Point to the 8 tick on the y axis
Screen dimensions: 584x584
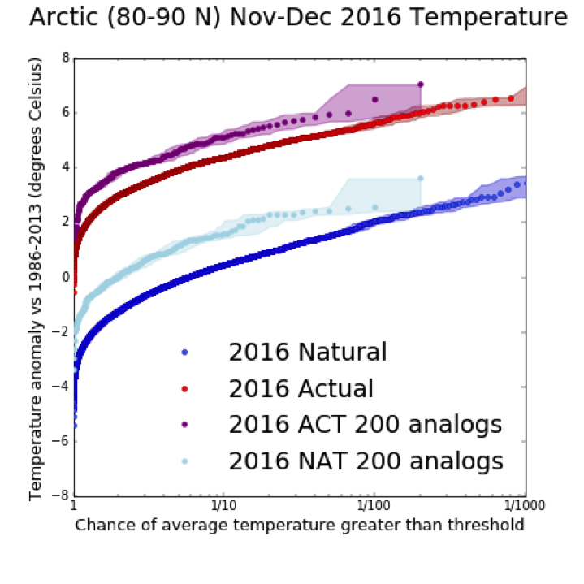pyautogui.click(x=63, y=58)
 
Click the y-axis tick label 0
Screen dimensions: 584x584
pyautogui.click(x=63, y=277)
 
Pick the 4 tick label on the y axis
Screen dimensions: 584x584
pyautogui.click(x=63, y=167)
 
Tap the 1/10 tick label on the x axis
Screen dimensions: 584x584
pyautogui.click(x=223, y=509)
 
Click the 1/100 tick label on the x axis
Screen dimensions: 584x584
pyautogui.click(x=372, y=509)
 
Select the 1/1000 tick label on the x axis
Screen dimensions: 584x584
pyautogui.click(x=524, y=509)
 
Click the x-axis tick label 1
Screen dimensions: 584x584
pyautogui.click(x=74, y=509)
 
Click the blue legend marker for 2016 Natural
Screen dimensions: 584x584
pyautogui.click(x=184, y=353)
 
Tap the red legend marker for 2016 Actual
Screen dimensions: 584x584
pyautogui.click(x=184, y=389)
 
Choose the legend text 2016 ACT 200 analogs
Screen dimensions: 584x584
pyautogui.click(x=366, y=425)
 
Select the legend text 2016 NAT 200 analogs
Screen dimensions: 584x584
pyautogui.click(x=366, y=461)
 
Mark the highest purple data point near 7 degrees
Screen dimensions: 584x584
pyautogui.click(x=421, y=84)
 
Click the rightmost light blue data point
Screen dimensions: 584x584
pyautogui.click(x=421, y=178)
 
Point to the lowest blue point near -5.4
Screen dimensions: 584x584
pyautogui.click(x=75, y=425)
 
